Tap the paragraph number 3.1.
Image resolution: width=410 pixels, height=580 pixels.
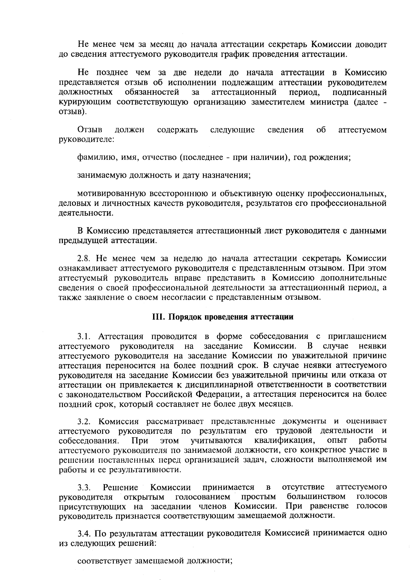point(84,336)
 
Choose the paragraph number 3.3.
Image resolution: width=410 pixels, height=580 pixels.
point(84,487)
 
